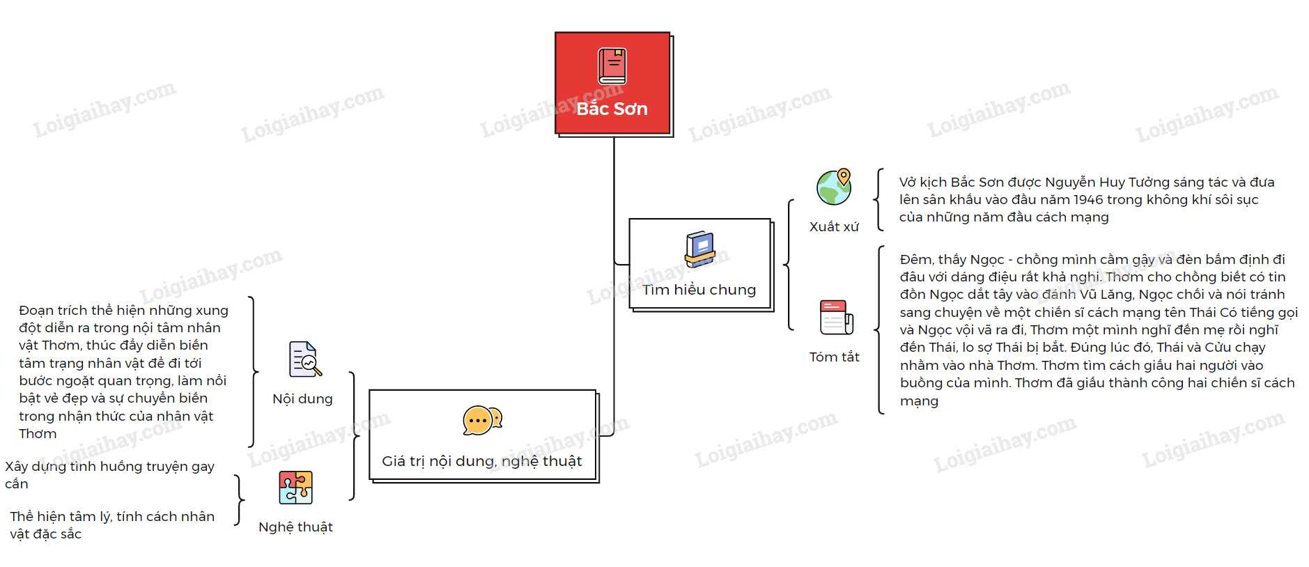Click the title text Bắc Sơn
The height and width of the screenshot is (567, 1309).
612,109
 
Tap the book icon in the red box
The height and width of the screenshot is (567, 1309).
612,66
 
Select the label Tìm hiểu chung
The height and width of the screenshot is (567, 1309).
699,290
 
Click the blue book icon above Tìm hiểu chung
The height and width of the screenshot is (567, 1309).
700,249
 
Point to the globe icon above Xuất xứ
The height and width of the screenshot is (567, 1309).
834,187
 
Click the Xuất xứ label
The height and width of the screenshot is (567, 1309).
834,227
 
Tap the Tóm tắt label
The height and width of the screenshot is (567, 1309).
834,357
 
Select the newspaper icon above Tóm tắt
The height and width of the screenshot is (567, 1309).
836,318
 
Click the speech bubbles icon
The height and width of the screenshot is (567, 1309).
482,420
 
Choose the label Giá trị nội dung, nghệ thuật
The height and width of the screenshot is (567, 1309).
481,461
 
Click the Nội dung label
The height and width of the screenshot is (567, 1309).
302,399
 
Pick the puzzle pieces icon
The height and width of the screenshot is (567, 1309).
295,487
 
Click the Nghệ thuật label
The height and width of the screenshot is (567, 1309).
295,527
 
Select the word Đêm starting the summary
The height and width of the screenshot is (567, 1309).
915,260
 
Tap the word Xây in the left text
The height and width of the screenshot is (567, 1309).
17,467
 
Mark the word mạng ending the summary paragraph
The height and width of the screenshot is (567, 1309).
919,401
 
